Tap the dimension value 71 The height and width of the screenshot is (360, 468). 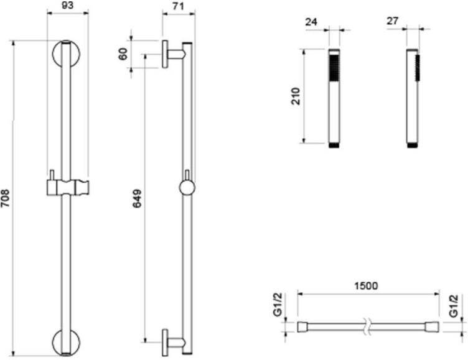[x=177, y=7]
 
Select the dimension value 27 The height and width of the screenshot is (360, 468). [x=392, y=21]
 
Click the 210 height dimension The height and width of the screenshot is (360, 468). [x=296, y=96]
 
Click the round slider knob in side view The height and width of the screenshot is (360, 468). [x=186, y=188]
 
